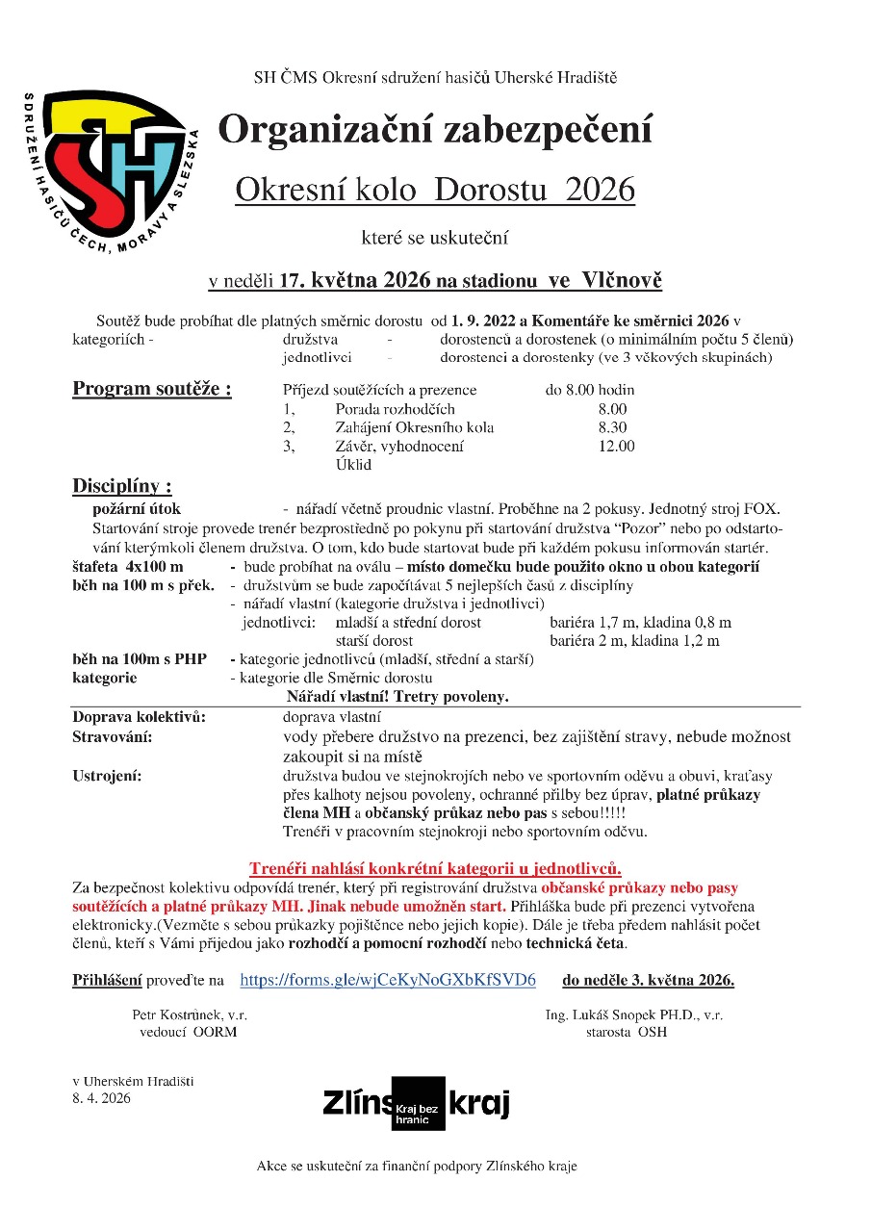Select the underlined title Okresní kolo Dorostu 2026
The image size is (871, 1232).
point(435,190)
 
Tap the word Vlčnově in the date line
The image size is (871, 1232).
point(622,280)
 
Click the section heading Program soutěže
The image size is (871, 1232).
point(152,389)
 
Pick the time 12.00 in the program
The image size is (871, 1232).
point(616,446)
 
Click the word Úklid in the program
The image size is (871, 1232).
point(352,464)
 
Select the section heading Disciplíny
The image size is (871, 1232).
point(122,485)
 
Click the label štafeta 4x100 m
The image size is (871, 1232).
point(128,567)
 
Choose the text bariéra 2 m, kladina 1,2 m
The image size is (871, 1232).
point(634,640)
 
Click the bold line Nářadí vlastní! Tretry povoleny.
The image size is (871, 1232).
point(397,696)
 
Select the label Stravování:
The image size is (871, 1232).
point(113,736)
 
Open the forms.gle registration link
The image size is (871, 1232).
point(387,980)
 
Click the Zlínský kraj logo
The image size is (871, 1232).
point(417,1103)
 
